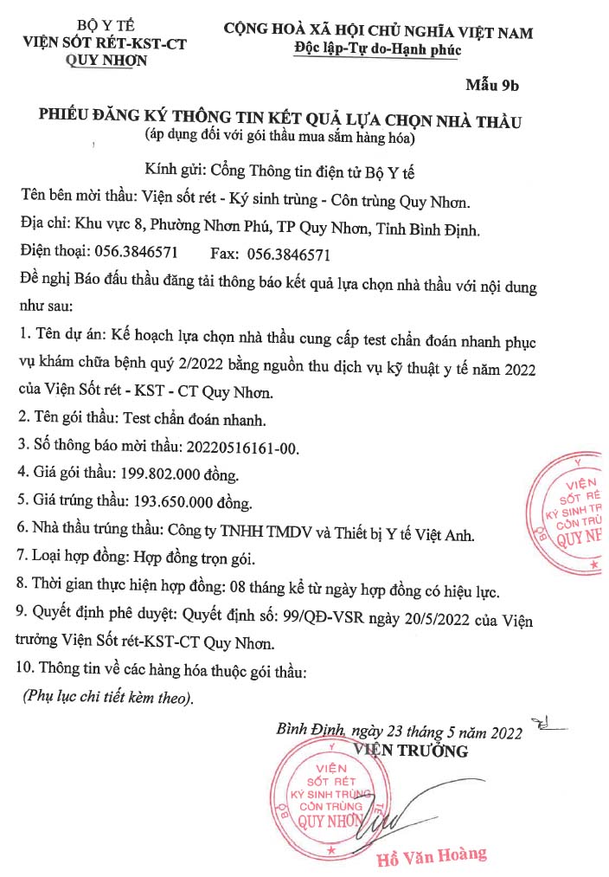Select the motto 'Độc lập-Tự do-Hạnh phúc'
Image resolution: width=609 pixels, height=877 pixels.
click(378, 49)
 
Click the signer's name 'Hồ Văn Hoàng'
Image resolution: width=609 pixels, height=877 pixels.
click(432, 856)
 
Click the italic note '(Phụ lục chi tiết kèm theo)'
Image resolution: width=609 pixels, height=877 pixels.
click(108, 698)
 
